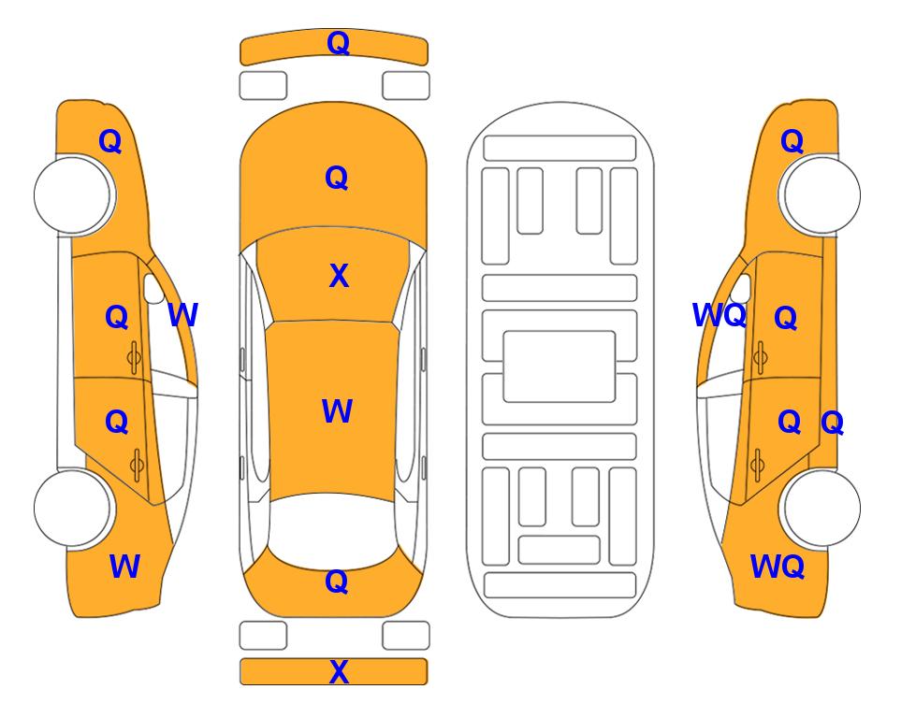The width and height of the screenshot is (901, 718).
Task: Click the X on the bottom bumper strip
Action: point(339,671)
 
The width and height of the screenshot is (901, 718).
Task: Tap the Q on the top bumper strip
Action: point(339,43)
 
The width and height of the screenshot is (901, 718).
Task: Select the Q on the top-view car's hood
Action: point(337,178)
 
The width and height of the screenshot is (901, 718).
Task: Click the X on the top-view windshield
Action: point(339,276)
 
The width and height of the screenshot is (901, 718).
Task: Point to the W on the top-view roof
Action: point(337,410)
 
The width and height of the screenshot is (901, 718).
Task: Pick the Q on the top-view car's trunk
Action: point(337,582)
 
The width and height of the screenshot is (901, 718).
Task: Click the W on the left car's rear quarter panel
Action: point(124,566)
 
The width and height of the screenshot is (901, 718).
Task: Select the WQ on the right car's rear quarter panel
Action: point(777,567)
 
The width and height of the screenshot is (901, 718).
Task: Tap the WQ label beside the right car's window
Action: point(719,315)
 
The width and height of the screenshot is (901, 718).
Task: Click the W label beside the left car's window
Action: point(182,315)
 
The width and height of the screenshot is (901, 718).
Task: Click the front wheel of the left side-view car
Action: point(73,195)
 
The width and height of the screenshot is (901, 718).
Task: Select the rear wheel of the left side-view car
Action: point(73,508)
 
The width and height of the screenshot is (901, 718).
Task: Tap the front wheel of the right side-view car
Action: point(821,195)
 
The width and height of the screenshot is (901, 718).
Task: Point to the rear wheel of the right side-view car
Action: point(821,508)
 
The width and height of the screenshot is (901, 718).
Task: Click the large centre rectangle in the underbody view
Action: point(559,366)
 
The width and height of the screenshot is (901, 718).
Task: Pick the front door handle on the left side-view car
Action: point(134,357)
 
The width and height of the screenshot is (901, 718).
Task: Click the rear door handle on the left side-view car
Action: point(137,465)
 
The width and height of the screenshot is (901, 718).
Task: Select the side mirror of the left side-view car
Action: point(153,288)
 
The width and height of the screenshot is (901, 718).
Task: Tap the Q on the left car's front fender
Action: point(110,141)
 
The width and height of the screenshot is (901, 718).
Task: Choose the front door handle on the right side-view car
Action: point(761,357)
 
